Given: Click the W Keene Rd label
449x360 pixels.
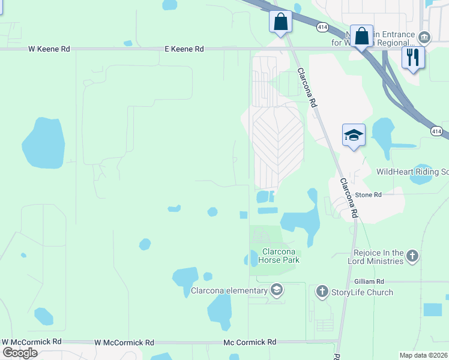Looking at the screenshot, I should point(49,49).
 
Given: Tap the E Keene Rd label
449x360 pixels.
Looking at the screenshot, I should point(184,49).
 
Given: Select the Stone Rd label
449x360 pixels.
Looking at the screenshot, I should point(369,195).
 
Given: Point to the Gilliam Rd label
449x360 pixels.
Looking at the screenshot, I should point(369,281).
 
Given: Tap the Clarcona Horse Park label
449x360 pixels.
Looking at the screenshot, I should point(279,256).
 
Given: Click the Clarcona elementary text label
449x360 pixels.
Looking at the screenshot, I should point(229,291).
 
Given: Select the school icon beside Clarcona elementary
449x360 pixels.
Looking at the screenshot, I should point(277,291).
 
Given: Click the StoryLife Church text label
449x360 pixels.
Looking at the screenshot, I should point(363,292).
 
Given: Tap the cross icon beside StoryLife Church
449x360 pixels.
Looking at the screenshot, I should point(322,292).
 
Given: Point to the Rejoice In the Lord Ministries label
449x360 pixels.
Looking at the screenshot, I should point(378,257).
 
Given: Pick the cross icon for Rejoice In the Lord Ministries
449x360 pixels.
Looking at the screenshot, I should point(412,256).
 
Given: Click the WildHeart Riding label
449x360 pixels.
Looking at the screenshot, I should point(412,172).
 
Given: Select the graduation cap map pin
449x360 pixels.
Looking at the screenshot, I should point(354,136).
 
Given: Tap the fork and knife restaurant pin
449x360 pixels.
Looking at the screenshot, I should point(413,58).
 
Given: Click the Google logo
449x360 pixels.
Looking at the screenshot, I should point(20,353).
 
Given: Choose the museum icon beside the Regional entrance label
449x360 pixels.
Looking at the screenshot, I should point(424,38).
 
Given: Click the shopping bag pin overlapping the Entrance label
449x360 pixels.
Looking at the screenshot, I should point(362,36).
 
